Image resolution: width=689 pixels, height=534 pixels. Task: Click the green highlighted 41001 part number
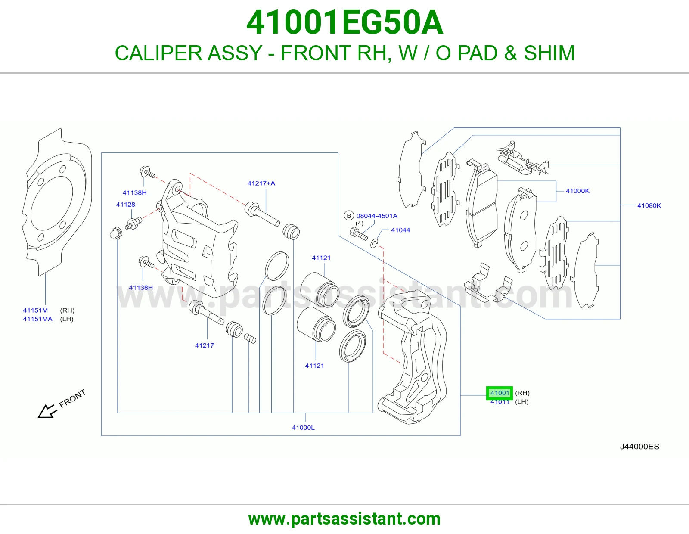coord(500,393)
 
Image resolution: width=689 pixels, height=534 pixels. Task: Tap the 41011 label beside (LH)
coord(500,402)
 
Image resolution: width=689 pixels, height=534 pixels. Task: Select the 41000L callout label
coord(303,428)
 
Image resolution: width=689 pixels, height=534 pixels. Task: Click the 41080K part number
coord(649,205)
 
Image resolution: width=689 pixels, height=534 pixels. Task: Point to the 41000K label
coord(577,191)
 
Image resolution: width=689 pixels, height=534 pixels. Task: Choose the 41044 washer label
coord(400,230)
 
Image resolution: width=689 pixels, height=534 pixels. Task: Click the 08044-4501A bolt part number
coord(377,216)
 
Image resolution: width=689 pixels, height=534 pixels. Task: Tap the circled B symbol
coord(349,216)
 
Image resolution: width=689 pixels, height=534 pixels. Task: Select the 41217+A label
coord(261,183)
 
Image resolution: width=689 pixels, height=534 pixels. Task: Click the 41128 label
coord(126,205)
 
